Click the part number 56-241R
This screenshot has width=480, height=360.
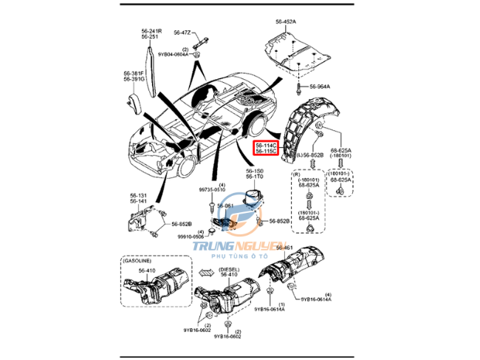(x=151, y=30)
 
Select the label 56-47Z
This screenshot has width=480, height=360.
(x=182, y=33)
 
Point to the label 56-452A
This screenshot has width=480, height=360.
(x=284, y=23)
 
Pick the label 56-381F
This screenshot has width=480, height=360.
(x=134, y=73)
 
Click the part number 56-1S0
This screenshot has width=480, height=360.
(x=256, y=171)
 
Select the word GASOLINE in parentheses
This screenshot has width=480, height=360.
(x=137, y=261)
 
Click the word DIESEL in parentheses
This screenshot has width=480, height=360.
(x=229, y=270)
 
